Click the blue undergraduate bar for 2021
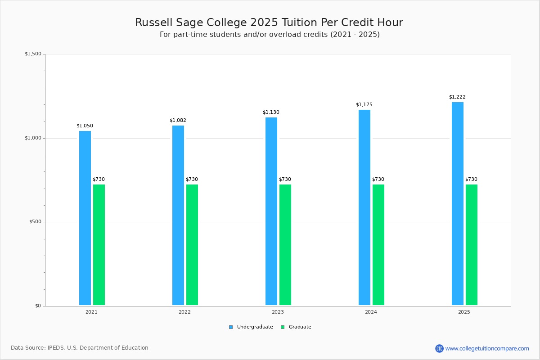pos(85,218)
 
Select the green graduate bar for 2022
pos(192,245)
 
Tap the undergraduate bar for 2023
pos(271,211)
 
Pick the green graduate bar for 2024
pos(378,245)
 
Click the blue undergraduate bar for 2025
pos(458,203)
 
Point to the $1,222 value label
pos(457,97)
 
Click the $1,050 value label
pos(85,126)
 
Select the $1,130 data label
pos(271,112)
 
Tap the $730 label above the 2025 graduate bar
pos(471,179)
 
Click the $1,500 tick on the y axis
pos(33,54)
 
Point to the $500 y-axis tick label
pos(35,221)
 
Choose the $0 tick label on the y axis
pos(38,306)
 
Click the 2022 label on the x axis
pos(184,312)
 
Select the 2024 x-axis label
pos(371,312)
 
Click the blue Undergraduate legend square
pos(231,327)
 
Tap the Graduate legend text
pos(300,327)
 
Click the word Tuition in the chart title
pos(299,22)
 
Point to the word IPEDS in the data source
pos(56,348)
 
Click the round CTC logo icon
pos(439,348)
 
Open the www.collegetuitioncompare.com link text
pos(487,349)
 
